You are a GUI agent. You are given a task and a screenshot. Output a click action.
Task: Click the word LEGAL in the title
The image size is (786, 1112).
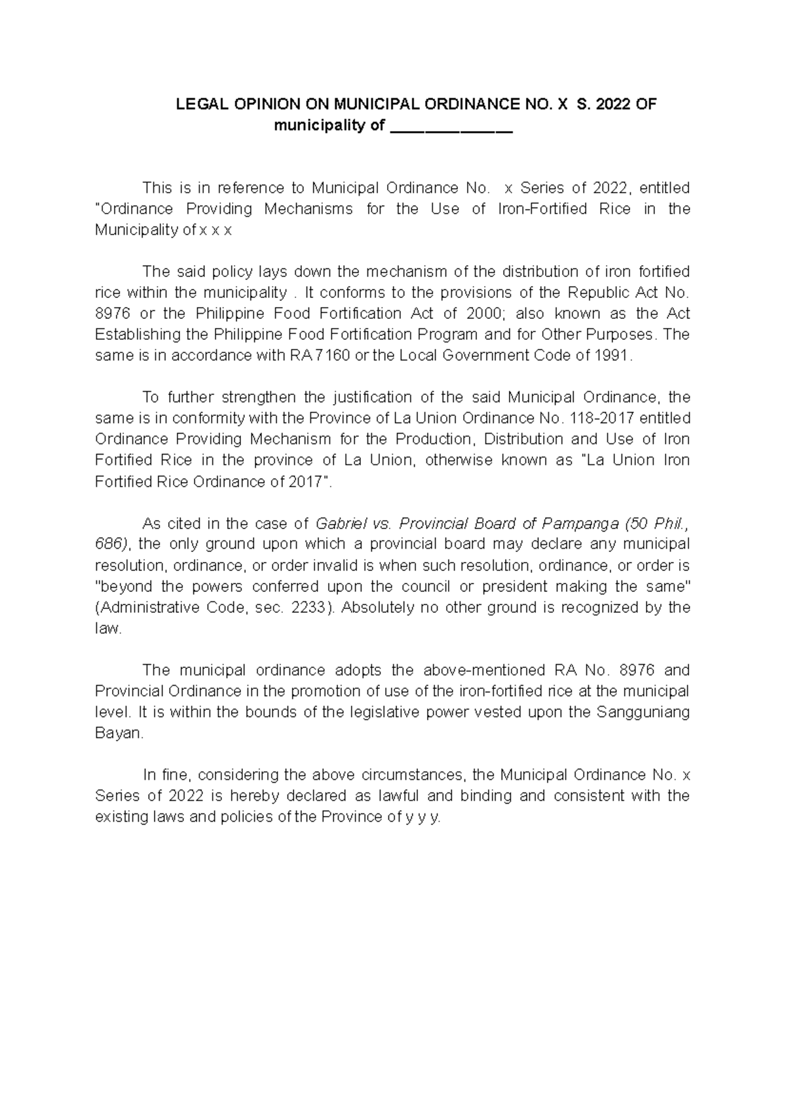[197, 104]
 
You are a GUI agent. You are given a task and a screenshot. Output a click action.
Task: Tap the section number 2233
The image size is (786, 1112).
[310, 608]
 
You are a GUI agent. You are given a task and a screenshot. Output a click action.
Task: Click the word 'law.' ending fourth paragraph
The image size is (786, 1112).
[108, 629]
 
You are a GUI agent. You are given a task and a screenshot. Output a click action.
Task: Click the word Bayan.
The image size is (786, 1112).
[119, 733]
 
